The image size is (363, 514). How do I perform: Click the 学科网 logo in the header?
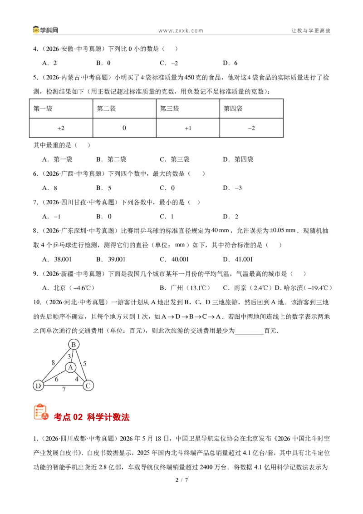(x=45, y=30)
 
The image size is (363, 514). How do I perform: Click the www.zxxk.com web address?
(x=181, y=30)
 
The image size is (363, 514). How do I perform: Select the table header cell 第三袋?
(x=188, y=109)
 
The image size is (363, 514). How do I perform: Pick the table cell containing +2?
(x=61, y=128)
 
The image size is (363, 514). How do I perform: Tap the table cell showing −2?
(x=251, y=128)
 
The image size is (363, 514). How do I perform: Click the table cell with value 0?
(x=124, y=128)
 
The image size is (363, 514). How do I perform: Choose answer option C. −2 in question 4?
(x=169, y=63)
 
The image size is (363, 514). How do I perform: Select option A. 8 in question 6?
(x=50, y=188)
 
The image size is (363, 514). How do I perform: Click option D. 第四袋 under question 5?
(x=238, y=159)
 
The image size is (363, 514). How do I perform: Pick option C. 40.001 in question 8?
(x=174, y=259)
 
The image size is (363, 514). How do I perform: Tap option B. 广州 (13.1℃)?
(x=185, y=288)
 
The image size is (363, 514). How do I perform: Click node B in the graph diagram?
(x=74, y=345)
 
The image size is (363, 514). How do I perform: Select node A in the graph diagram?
(x=70, y=367)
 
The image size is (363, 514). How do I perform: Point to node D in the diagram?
(x=38, y=385)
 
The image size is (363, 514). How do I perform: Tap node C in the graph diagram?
(x=88, y=385)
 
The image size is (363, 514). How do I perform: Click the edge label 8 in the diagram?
(x=53, y=362)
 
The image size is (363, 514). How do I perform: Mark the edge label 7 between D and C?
(x=64, y=389)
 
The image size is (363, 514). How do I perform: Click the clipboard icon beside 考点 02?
(x=41, y=412)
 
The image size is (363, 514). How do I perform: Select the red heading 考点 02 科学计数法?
(x=92, y=417)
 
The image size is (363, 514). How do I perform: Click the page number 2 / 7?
(x=182, y=480)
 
